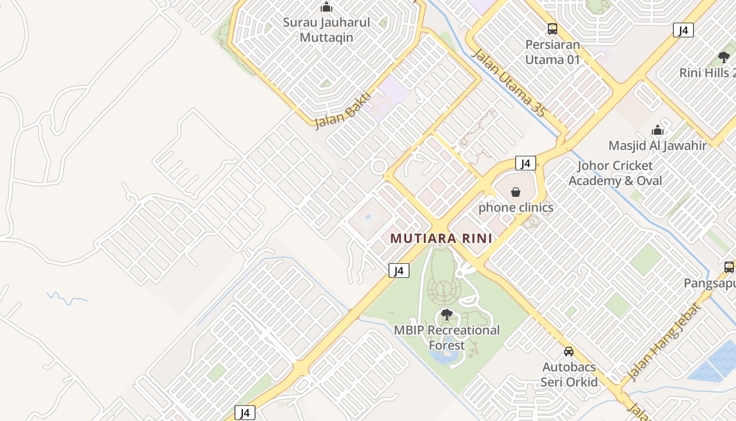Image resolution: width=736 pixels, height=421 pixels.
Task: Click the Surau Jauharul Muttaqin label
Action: pos(326,30)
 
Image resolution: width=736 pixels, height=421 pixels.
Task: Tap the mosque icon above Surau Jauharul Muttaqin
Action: pos(326,7)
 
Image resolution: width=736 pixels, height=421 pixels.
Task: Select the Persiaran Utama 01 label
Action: pos(553,52)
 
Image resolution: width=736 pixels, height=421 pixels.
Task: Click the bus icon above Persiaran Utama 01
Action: pos(552,28)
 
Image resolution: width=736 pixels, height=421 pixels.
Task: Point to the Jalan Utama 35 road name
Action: pos(509,83)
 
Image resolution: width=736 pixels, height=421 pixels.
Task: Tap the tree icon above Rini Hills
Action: pos(724,57)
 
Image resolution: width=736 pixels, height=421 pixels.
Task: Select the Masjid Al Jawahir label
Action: pos(658,145)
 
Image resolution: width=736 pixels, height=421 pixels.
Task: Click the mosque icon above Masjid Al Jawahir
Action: pos(658,130)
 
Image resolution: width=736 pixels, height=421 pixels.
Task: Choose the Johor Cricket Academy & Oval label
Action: pos(615,173)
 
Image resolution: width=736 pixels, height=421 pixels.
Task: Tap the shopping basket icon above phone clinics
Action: pos(516,192)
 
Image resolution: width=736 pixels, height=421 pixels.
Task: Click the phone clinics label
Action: pos(516,207)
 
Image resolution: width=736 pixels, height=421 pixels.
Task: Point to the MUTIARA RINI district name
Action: pos(441,238)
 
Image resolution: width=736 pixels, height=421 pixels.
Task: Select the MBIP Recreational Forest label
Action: pos(447,338)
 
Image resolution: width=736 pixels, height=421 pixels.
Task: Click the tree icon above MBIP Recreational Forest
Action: pos(447,315)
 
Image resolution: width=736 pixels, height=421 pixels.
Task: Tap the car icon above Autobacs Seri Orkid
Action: pos(569,351)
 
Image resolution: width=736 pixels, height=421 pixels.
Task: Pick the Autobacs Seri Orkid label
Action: pos(569,374)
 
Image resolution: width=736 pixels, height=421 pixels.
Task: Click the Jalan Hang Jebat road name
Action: pos(663,342)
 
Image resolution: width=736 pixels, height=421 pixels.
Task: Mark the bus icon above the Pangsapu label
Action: pos(729,267)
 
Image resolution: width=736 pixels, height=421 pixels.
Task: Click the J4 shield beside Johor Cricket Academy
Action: pos(526,164)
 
